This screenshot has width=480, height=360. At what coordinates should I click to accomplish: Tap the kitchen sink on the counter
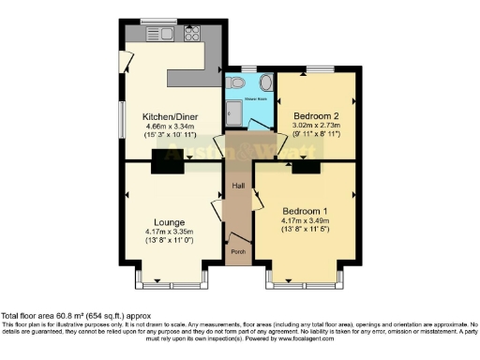pos(154,35)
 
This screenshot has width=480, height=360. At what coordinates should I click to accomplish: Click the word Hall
pos(238,186)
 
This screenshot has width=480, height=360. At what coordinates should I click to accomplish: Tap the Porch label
pos(238,251)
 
